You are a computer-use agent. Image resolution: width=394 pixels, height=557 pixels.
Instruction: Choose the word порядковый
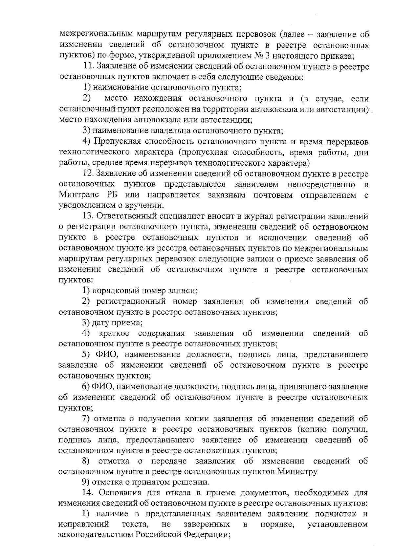click(113, 291)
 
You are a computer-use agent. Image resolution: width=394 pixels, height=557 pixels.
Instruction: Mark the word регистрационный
click(131, 301)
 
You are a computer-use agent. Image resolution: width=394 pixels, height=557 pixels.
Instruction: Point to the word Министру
click(297, 472)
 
